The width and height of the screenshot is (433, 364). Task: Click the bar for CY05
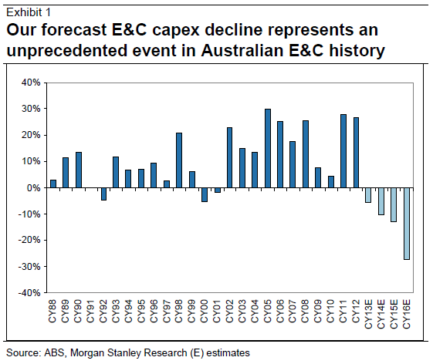[x=268, y=149]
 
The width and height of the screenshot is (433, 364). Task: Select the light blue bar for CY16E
[x=407, y=224]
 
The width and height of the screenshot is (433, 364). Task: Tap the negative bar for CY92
[x=103, y=194]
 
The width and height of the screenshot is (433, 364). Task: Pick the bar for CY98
[x=179, y=160]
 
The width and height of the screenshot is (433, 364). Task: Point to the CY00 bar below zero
[x=205, y=195]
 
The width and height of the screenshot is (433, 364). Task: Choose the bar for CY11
[x=343, y=151]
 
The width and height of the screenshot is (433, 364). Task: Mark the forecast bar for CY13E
[x=368, y=195]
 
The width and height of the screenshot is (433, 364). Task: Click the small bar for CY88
[x=53, y=184]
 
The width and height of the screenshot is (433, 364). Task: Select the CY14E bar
[x=381, y=201]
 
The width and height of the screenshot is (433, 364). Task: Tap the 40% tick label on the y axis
[x=31, y=83]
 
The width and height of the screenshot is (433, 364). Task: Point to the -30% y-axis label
[x=29, y=267]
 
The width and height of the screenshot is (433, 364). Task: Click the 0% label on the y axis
[x=34, y=188]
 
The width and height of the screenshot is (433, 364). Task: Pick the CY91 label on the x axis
[x=90, y=311]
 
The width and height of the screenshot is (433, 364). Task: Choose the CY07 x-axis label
[x=293, y=311]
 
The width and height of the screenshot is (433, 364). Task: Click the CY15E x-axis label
[x=394, y=314]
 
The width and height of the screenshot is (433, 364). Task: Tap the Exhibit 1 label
[x=29, y=12]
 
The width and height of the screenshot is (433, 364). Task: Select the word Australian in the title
[x=242, y=50]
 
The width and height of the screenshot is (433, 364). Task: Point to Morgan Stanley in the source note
[x=107, y=353]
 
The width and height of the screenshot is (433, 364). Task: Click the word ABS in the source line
[x=56, y=353]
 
